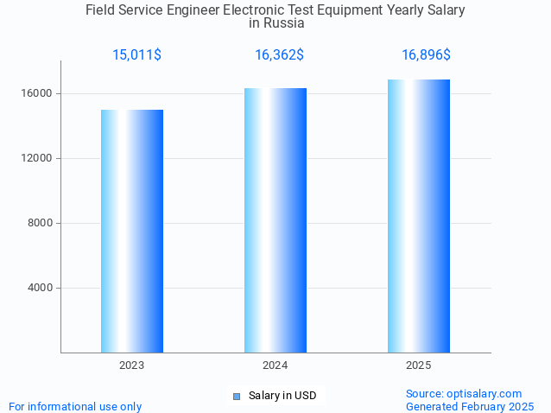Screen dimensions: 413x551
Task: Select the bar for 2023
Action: coord(132,231)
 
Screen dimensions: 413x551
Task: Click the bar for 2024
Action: coord(275,220)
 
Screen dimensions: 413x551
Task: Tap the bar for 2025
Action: coord(419,216)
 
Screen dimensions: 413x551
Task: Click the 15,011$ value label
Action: coord(136,55)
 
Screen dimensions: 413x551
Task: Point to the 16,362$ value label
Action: coord(279,55)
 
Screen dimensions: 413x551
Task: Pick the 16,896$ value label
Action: coord(426,55)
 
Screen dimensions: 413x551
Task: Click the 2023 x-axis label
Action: coord(132,366)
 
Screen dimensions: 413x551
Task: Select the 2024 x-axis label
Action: coord(275,366)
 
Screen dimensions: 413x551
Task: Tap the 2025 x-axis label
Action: coord(419,366)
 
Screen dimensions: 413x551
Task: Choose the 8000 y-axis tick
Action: coord(40,223)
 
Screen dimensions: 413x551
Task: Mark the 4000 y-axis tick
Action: coord(40,288)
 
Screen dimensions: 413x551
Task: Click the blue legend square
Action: coord(236,396)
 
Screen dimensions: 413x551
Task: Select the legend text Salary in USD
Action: coord(282,396)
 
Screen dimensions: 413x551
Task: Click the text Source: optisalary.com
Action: coord(464,393)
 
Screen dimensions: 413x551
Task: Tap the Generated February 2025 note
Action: coord(470,406)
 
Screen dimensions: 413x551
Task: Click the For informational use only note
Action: coord(75,406)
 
